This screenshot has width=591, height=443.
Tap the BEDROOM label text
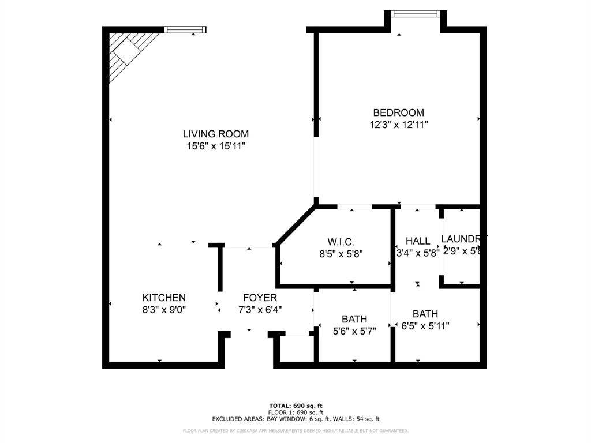[398, 112]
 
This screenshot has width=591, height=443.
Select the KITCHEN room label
[164, 298]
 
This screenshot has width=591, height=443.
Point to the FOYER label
[259, 298]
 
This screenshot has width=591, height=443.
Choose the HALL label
[417, 241]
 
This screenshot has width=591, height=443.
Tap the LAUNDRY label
[463, 239]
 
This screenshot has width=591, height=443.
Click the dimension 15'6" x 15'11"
[216, 146]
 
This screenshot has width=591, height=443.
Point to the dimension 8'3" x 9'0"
[164, 310]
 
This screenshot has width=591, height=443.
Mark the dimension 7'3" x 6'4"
[259, 310]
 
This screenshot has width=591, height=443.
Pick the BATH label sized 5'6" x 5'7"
[354, 319]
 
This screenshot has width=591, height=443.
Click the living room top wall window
[185, 29]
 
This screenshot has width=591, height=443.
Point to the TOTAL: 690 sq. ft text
[295, 406]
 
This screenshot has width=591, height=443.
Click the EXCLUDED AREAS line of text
[295, 419]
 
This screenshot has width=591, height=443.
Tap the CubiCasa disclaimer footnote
[295, 431]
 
